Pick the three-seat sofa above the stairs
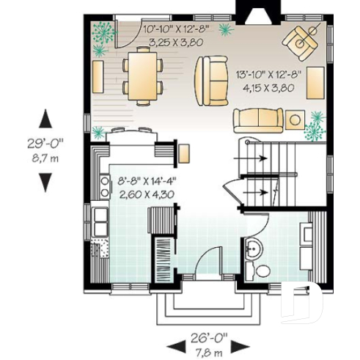click(x=258, y=120)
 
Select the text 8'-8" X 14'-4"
click(x=147, y=180)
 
